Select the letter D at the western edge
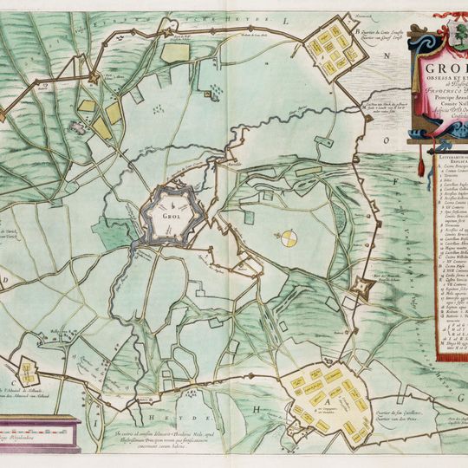click(6, 280)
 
